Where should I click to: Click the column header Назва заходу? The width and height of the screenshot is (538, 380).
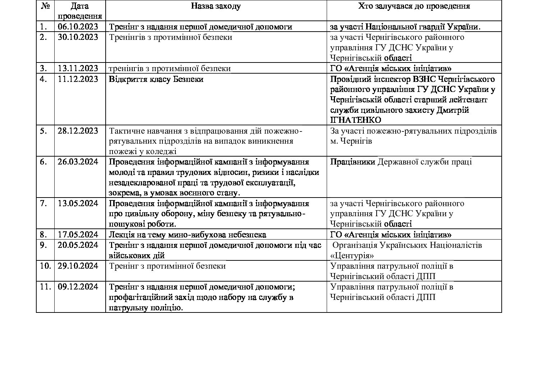[x=216, y=6]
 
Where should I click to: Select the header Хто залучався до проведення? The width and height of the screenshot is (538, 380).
[x=414, y=6]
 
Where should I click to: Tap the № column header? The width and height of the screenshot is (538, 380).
[x=45, y=6]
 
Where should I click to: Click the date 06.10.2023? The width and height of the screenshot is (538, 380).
[x=78, y=27]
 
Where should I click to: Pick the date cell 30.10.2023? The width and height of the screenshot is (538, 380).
[x=78, y=37]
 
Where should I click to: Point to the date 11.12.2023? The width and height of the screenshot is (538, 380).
[x=78, y=79]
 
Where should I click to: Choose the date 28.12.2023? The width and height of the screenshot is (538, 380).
[x=78, y=131]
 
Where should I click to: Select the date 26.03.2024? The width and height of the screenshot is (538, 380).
[x=78, y=162]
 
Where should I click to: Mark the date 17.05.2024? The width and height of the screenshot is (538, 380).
[x=78, y=235]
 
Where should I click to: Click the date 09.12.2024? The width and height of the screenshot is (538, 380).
[x=78, y=287]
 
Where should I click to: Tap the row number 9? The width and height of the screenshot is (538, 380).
[x=43, y=245]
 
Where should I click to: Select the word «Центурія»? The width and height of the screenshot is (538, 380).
[x=352, y=256]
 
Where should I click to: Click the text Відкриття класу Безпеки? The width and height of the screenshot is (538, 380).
[x=156, y=79]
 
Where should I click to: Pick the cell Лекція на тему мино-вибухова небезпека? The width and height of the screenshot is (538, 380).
[x=187, y=235]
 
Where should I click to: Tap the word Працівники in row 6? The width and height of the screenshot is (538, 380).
[x=353, y=162]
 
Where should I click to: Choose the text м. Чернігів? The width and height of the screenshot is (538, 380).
[x=351, y=141]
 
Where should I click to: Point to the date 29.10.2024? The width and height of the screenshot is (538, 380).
[x=78, y=266]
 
